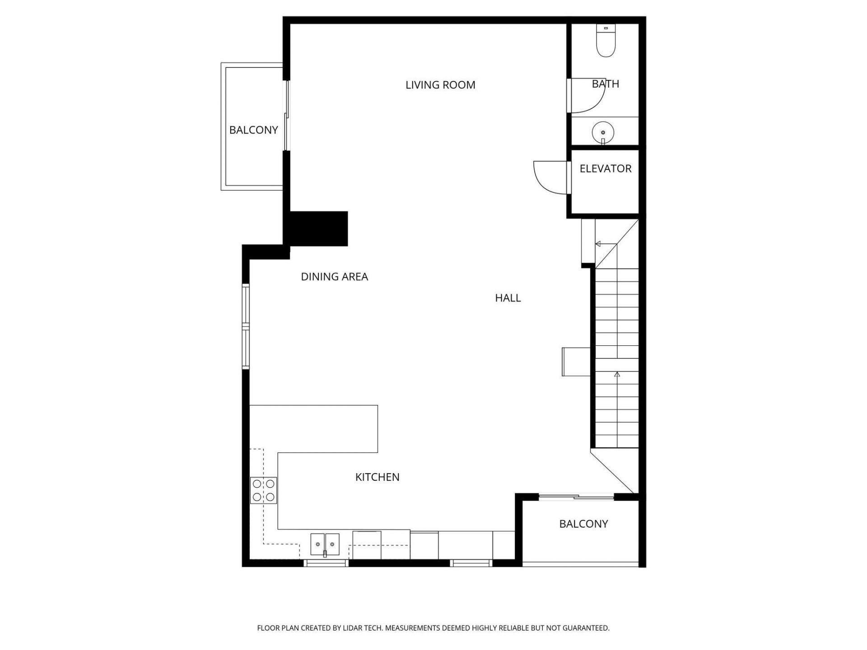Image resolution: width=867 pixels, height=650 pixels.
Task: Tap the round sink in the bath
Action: coord(603,132)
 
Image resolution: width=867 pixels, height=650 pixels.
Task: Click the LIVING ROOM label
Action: coord(440,85)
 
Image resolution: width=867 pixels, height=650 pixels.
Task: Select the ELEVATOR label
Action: coord(605,169)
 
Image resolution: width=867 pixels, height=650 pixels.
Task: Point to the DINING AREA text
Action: coord(334,277)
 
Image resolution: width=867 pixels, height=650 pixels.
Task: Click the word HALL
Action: coord(508,298)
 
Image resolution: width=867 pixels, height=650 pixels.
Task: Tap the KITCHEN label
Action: coord(377,477)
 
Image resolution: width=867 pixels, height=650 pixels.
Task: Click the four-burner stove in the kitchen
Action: coord(264,491)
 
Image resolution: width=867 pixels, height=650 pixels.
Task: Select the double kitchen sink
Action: coord(325,544)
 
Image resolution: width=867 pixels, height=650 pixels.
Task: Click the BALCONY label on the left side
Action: coord(253,130)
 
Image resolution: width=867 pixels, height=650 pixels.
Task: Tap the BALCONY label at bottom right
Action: coord(583,524)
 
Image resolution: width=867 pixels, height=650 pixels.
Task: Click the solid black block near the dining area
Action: coord(318,229)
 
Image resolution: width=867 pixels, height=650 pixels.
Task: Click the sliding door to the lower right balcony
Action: coord(577,497)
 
